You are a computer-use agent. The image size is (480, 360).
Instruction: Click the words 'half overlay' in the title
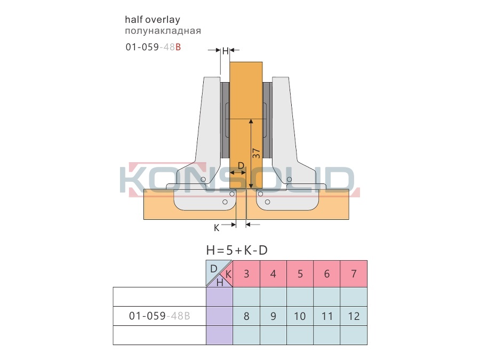point(153,20)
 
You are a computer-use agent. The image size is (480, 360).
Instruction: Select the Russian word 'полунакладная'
point(163,31)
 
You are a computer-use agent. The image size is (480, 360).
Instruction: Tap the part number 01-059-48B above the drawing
point(153,47)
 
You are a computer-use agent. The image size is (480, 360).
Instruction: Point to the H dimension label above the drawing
point(225,51)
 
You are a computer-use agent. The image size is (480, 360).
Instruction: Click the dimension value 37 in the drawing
point(256,154)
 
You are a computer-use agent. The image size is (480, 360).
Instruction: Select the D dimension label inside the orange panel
point(241,166)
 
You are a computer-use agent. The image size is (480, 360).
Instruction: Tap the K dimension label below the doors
point(217,228)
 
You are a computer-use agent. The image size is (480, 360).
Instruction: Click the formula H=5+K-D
point(237,251)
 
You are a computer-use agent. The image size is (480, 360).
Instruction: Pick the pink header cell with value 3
point(246,274)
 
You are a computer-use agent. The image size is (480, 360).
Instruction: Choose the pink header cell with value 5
point(300,274)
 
